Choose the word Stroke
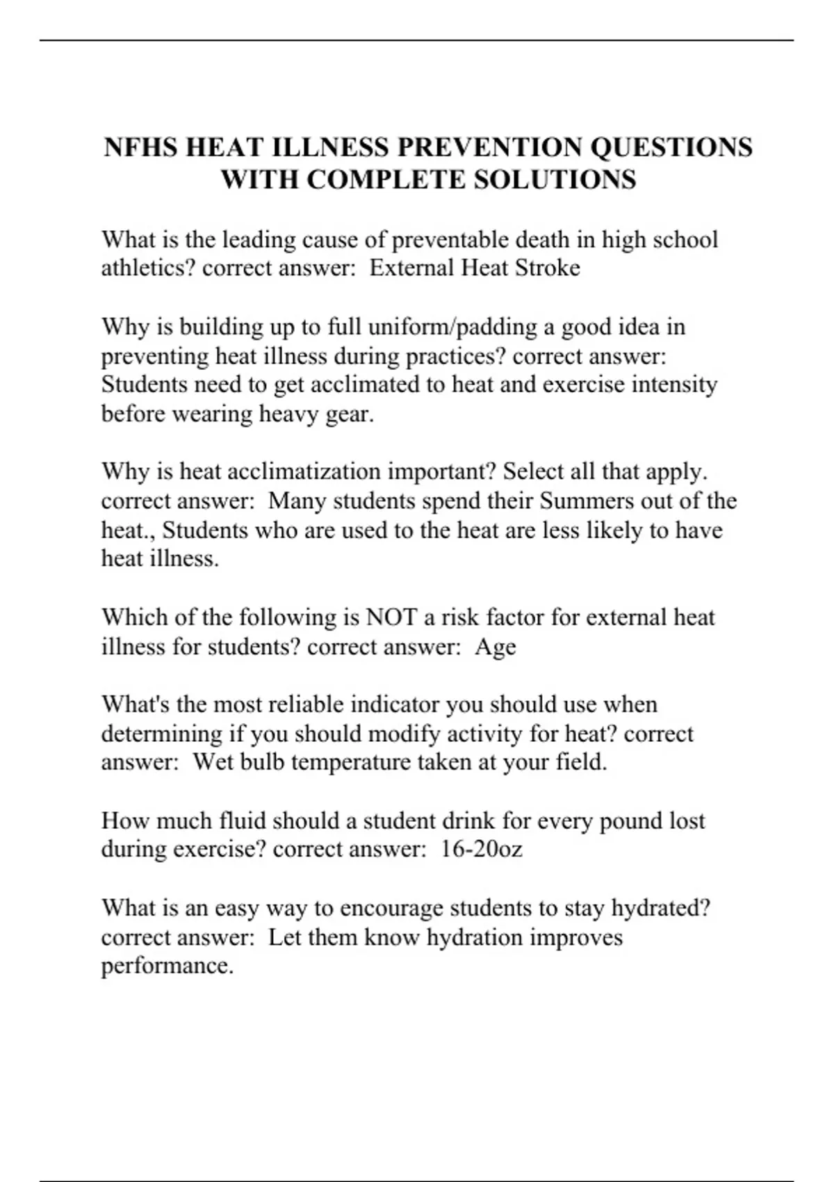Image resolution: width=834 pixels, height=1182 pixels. pyautogui.click(x=546, y=268)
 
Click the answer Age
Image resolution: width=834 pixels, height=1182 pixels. pyautogui.click(x=496, y=647)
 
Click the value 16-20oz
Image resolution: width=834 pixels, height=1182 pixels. pyautogui.click(x=481, y=849)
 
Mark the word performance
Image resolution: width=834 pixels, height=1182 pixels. pyautogui.click(x=167, y=966)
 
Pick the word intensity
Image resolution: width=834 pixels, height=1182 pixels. pyautogui.click(x=673, y=384)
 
